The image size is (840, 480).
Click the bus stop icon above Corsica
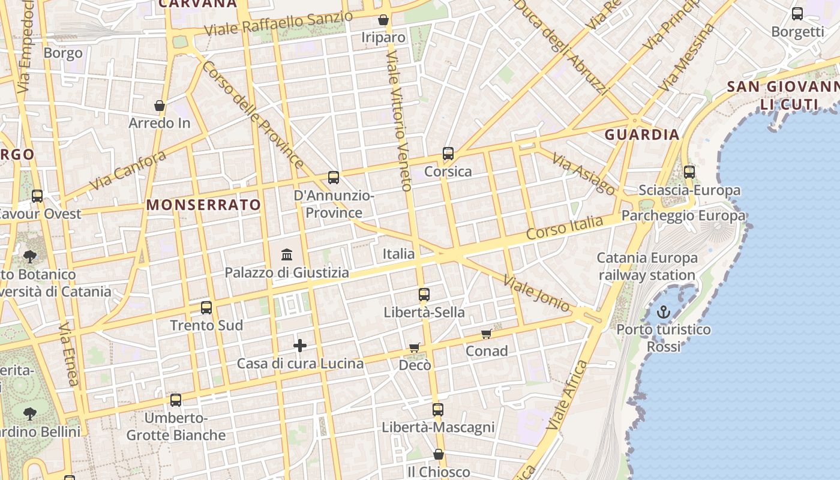(x=448, y=154)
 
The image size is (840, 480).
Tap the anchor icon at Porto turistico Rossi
(x=663, y=312)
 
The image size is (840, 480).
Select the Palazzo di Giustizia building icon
(x=287, y=254)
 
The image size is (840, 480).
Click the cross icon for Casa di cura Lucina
(x=300, y=346)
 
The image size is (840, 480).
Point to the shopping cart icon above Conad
(x=486, y=334)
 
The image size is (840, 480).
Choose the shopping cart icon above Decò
(x=414, y=347)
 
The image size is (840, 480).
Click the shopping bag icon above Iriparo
(x=383, y=20)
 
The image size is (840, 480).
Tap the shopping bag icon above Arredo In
(x=160, y=106)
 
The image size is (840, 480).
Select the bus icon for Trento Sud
(x=206, y=308)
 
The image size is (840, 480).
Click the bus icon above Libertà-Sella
(x=424, y=295)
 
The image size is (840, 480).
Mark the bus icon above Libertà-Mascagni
(x=438, y=410)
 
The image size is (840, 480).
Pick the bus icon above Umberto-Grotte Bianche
(x=176, y=400)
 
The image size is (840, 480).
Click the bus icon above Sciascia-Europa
(x=689, y=172)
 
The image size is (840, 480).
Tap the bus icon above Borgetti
(x=797, y=14)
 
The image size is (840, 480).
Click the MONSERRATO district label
(x=204, y=205)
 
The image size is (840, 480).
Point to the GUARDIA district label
(x=642, y=134)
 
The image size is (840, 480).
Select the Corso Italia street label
(x=565, y=228)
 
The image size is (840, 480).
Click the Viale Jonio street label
(x=536, y=293)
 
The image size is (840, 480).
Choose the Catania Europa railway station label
(x=647, y=266)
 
